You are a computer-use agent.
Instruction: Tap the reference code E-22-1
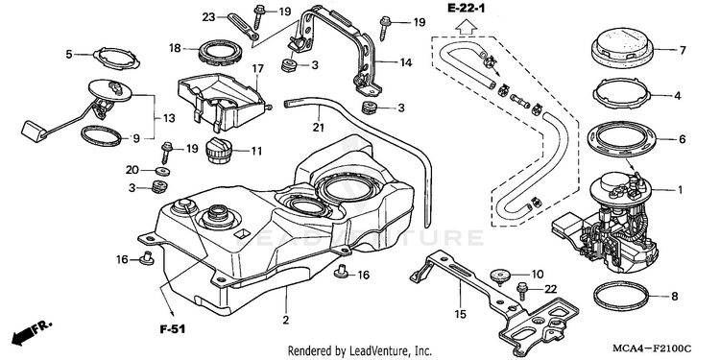click(466, 8)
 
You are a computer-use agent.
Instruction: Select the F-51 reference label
click(173, 329)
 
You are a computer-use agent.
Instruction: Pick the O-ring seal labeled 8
click(622, 297)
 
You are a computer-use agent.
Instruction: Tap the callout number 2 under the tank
click(286, 320)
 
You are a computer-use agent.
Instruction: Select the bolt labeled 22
click(522, 290)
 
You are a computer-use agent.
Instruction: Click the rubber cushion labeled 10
click(500, 276)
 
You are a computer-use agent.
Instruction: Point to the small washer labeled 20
click(161, 171)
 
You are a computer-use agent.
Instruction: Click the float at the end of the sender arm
click(33, 129)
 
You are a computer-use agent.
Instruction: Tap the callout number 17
click(257, 69)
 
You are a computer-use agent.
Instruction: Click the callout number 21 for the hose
click(319, 128)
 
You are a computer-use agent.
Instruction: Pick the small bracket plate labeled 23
click(244, 26)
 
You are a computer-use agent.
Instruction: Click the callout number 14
click(405, 62)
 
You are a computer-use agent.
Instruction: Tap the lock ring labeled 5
click(116, 58)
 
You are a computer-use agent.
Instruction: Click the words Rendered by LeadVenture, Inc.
click(360, 351)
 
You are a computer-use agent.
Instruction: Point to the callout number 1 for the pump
click(681, 190)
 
